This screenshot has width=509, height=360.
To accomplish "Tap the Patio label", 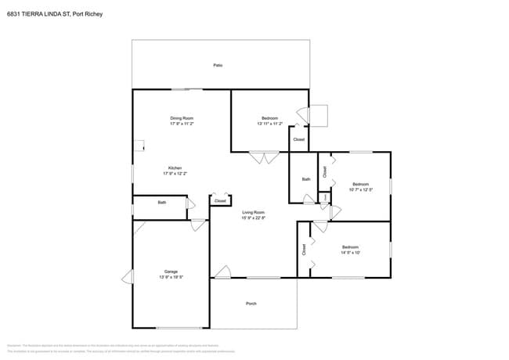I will [218, 65].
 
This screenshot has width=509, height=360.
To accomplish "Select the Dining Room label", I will [182, 118].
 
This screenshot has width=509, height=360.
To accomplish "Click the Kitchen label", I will [175, 167].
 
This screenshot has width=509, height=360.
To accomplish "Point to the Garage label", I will [171, 272].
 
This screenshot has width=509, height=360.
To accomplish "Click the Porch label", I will [251, 304].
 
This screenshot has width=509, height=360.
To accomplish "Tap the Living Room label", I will [253, 212].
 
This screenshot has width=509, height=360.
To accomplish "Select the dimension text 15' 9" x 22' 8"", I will [253, 218].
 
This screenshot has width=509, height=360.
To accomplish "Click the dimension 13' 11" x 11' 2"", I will [269, 124].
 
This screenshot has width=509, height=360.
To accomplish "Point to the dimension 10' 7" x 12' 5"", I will [360, 189].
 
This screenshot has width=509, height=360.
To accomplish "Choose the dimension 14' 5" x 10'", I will [350, 253].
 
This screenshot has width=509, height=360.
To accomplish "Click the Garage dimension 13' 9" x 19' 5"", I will [171, 278].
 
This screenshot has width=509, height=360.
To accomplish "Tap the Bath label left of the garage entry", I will [162, 203].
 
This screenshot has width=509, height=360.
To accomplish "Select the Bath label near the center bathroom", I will [306, 179].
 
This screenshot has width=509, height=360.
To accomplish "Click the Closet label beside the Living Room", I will [220, 201].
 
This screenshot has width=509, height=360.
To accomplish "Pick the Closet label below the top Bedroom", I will [298, 139].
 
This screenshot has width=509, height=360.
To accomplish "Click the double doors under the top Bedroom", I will [264, 158].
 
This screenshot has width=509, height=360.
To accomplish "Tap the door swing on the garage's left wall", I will [126, 277].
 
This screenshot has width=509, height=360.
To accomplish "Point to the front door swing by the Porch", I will [222, 272].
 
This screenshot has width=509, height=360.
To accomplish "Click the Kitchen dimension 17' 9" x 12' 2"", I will [175, 174].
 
